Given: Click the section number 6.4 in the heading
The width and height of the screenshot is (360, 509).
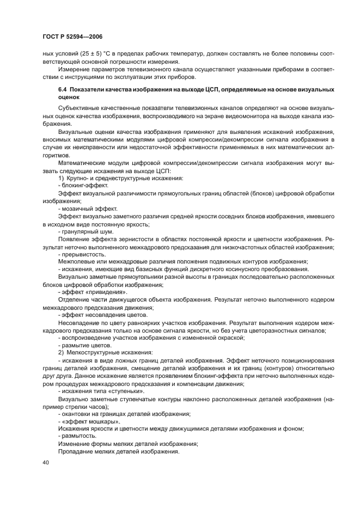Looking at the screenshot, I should (63, 88).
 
